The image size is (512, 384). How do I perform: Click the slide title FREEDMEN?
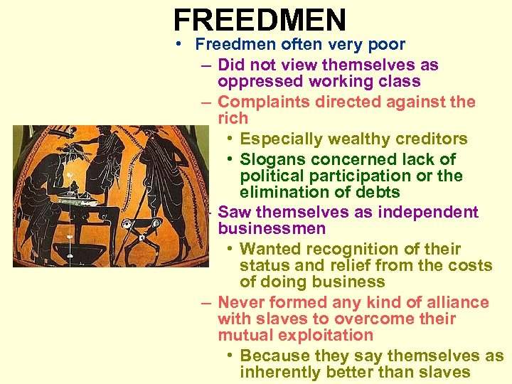(260, 19)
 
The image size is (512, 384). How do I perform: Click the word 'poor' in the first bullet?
(388, 44)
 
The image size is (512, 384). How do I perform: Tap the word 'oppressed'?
(258, 82)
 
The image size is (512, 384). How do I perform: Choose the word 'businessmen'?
(272, 228)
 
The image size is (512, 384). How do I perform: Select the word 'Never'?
(240, 302)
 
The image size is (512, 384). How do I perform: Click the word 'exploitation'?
(329, 335)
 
